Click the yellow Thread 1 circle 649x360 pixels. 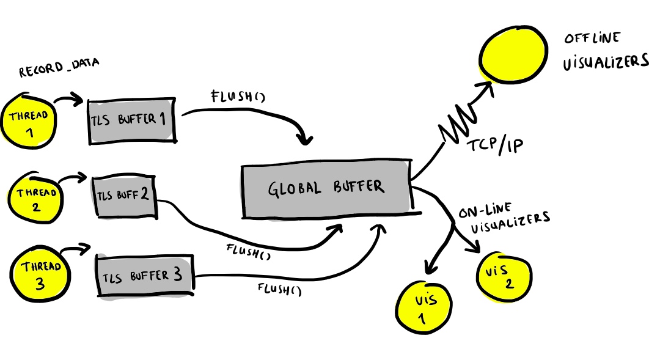(x=28, y=121)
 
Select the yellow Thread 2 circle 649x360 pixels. (x=35, y=199)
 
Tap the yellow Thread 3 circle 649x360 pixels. (x=40, y=274)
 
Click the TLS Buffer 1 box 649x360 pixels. (x=132, y=121)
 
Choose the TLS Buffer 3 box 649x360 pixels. (x=145, y=275)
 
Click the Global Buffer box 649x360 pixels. (x=327, y=189)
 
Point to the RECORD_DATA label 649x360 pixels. (x=59, y=67)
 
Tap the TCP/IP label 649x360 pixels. (x=495, y=145)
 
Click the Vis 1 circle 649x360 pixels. (x=424, y=307)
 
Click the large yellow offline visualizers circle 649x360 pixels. (x=513, y=54)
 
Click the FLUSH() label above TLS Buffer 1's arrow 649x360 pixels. (x=238, y=96)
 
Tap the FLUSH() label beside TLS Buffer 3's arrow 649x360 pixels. (x=279, y=289)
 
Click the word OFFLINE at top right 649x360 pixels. (x=592, y=38)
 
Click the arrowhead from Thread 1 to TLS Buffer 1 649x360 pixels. (x=78, y=99)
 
